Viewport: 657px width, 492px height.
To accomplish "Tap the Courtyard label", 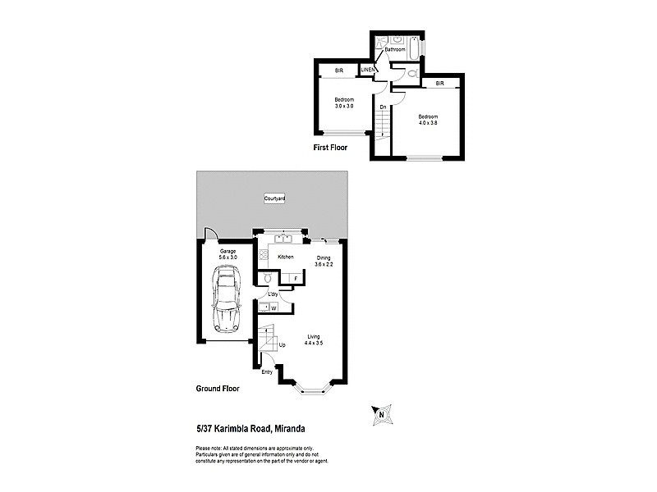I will click(x=273, y=199).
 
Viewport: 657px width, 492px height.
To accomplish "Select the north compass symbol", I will click(x=382, y=415).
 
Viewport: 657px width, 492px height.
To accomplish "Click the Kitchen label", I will click(x=285, y=257).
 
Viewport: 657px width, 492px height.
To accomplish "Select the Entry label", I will click(x=267, y=371).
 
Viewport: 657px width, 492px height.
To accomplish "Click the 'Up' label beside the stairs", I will click(x=283, y=345).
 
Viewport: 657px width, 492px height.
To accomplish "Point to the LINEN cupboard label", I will click(x=368, y=71).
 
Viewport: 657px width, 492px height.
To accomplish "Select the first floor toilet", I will click(x=412, y=73).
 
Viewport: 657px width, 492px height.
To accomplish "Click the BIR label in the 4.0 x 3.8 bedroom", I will click(x=440, y=83).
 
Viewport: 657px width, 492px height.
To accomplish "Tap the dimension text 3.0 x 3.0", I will click(x=343, y=107).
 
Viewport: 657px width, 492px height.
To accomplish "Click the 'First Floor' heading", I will click(x=330, y=148).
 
